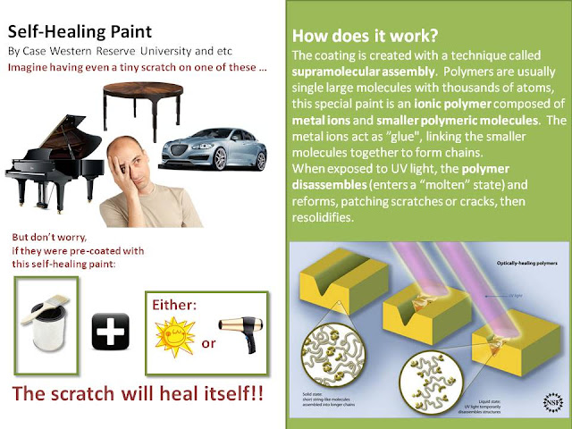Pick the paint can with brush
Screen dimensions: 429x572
click(x=45, y=318)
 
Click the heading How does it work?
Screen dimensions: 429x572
click(x=351, y=38)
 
